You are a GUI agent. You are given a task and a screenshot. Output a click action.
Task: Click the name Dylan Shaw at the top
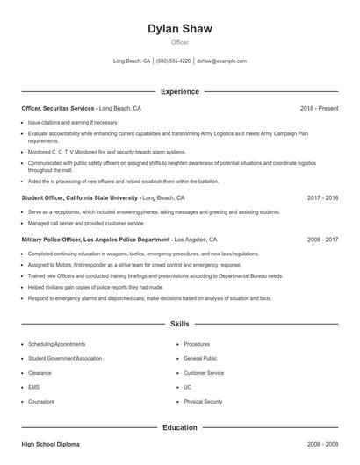coord(179,29)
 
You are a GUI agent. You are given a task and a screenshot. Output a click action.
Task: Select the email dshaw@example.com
coord(221,61)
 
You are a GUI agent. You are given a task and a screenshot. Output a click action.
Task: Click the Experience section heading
coord(179,91)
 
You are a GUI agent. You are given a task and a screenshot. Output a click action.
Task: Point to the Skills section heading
coord(179,324)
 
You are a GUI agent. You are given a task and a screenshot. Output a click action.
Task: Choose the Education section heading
coord(179,427)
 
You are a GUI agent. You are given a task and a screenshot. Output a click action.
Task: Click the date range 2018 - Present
coord(319,108)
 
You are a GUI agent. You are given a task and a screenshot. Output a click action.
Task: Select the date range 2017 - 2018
coord(322,198)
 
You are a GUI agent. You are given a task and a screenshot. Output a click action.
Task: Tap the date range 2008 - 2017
coord(322,239)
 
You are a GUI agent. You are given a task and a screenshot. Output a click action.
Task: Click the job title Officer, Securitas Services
coord(58,108)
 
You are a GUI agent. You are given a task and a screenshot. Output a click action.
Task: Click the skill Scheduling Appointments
coord(56,345)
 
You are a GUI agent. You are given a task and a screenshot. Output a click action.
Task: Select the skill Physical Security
coord(203,401)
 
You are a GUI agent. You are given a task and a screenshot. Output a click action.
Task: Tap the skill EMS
coord(33,387)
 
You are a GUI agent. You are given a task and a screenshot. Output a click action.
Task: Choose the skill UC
coord(187,387)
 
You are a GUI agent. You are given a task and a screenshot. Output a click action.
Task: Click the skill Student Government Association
coord(64,359)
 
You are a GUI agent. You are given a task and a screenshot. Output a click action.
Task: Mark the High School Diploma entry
coord(50,445)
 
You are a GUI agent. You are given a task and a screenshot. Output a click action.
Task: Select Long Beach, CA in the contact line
coord(132,61)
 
